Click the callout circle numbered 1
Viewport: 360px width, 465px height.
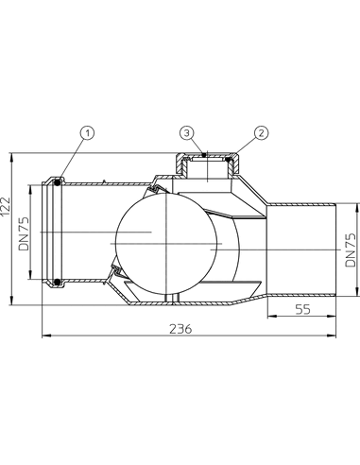click(87, 133)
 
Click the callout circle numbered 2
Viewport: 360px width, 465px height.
click(261, 133)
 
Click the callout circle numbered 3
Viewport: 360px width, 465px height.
click(187, 133)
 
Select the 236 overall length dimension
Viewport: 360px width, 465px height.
click(180, 329)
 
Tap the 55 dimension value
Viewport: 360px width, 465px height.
click(303, 309)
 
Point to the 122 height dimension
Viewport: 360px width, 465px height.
click(6, 206)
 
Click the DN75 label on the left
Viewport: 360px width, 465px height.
click(24, 233)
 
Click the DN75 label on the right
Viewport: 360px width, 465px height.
click(350, 250)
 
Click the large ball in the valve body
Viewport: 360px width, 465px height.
click(166, 244)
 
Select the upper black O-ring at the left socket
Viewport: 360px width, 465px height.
click(58, 182)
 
